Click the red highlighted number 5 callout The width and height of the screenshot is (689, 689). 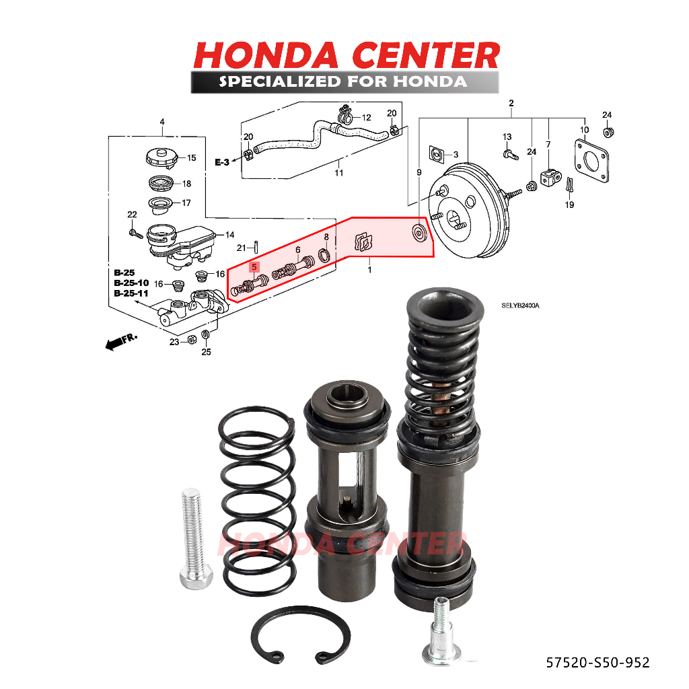click(x=254, y=267)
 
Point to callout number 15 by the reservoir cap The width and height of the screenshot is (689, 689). click(x=192, y=158)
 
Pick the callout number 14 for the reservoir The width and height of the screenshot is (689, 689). click(x=229, y=235)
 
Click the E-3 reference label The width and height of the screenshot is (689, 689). click(x=222, y=162)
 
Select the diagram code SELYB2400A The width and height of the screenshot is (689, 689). click(x=520, y=305)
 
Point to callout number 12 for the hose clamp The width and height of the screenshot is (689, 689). click(x=366, y=118)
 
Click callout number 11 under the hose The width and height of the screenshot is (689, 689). click(x=338, y=173)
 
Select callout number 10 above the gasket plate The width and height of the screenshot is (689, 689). click(x=584, y=130)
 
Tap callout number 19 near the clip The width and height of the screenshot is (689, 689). click(x=569, y=205)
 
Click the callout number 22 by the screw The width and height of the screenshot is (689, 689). click(x=132, y=215)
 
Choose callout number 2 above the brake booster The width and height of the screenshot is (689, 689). click(x=511, y=103)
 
